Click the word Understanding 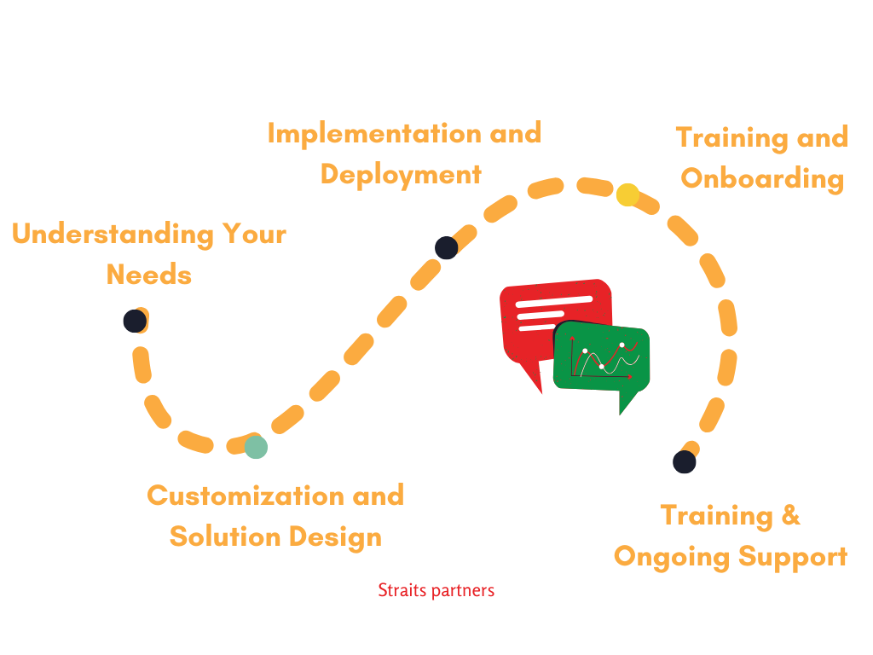coord(113,234)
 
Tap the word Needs coord(148,275)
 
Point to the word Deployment coord(401,175)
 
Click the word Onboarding coord(762,179)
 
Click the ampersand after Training coord(790,515)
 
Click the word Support coord(793,557)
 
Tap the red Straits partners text coord(436,589)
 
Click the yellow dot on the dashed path coord(627,194)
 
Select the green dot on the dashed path coord(256,447)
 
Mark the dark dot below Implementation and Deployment coord(446,248)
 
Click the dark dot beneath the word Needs coord(134,321)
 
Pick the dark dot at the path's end coord(684,462)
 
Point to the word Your coord(253,234)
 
